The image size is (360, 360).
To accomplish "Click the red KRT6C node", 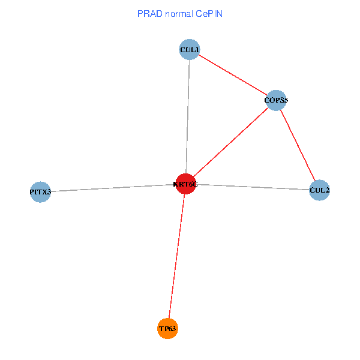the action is (x=185, y=184).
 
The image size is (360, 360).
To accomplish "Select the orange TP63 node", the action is (x=168, y=329).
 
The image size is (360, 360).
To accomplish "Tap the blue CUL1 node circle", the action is (x=190, y=49).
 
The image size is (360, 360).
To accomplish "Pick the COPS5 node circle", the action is (x=275, y=100).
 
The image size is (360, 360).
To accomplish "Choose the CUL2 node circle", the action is (x=319, y=190).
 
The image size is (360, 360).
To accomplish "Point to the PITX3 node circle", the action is (x=40, y=192).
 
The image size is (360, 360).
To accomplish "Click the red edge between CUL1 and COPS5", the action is (x=233, y=75).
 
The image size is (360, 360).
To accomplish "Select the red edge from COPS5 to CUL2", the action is (x=298, y=145).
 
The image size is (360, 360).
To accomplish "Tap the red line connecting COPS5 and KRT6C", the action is (x=230, y=142).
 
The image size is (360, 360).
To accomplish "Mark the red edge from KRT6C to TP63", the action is (x=176, y=257).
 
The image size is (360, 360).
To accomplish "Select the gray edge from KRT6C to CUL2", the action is (x=252, y=187).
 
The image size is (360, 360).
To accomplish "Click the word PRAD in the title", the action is (x=149, y=13).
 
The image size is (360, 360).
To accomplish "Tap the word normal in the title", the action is (x=178, y=13).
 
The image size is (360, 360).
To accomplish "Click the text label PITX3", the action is (x=40, y=192).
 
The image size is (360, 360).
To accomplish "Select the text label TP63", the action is (x=168, y=329).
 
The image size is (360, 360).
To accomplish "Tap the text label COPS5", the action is (x=276, y=100).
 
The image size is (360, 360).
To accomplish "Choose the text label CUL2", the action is (x=319, y=190).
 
